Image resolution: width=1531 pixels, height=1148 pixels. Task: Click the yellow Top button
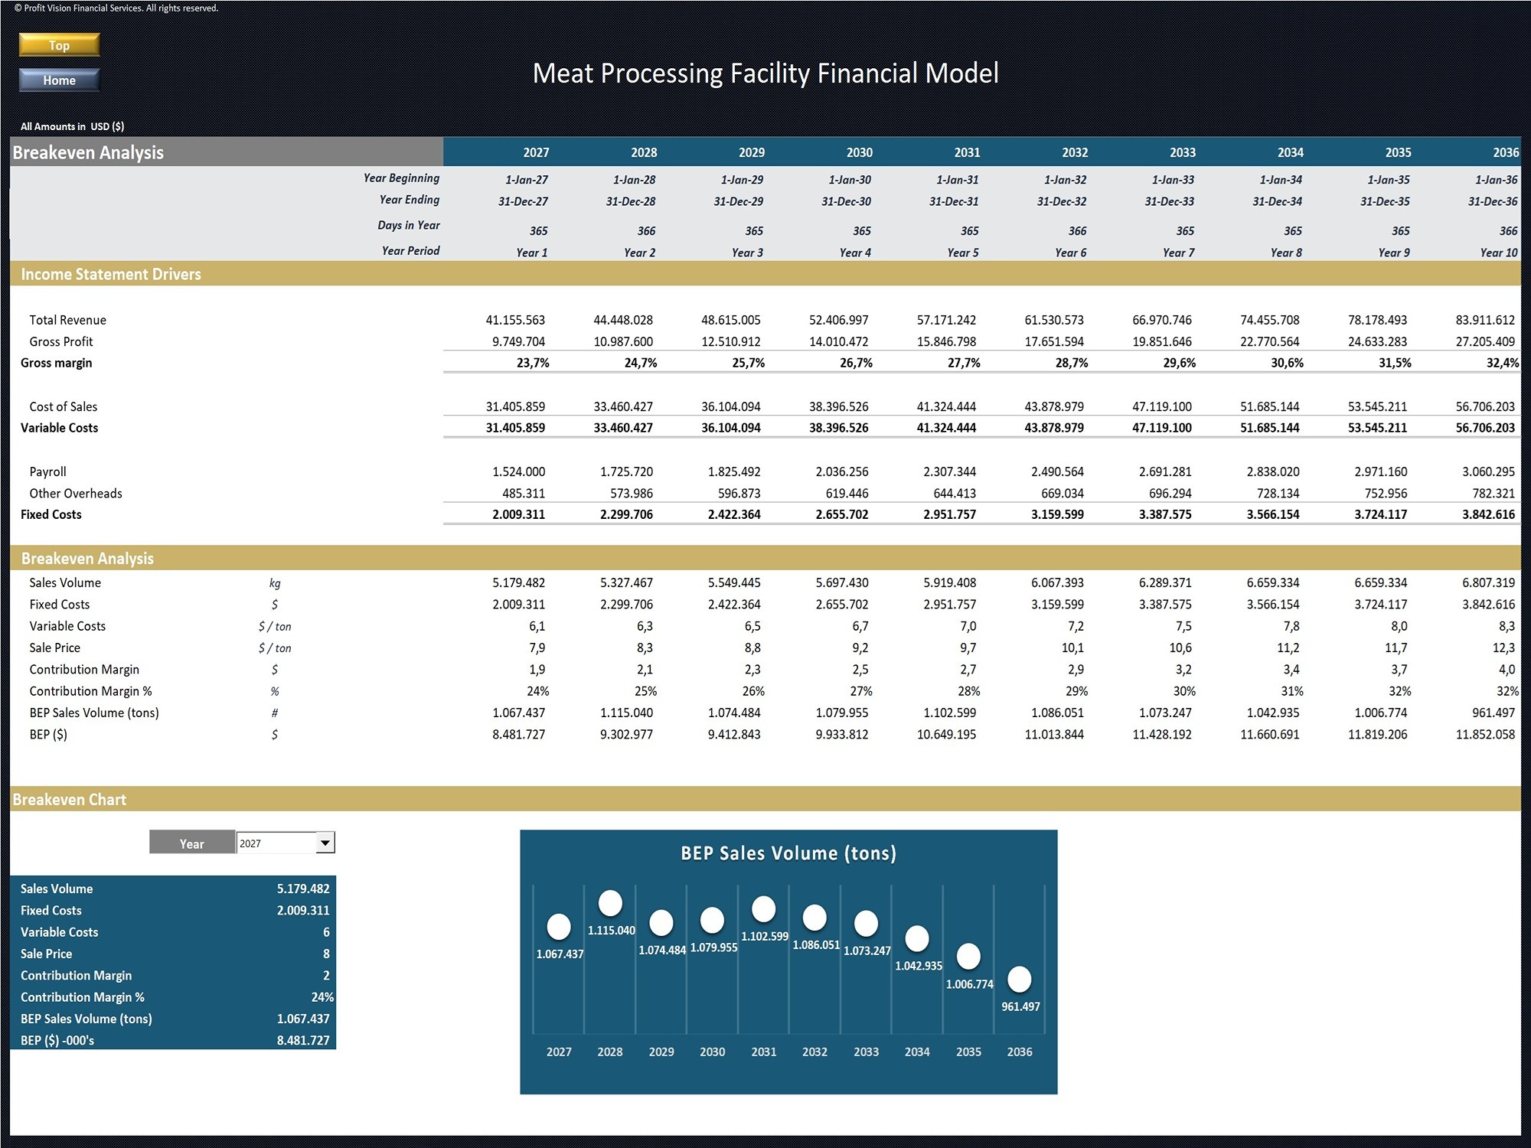(x=59, y=45)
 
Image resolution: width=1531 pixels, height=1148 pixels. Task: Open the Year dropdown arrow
(x=325, y=843)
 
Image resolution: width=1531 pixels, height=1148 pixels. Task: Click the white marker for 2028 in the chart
(x=610, y=903)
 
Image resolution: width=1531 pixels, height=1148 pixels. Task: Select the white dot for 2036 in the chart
(x=1020, y=979)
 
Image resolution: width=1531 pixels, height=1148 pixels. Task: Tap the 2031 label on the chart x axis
(x=764, y=1052)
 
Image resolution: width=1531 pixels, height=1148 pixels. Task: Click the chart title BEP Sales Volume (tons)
(x=788, y=853)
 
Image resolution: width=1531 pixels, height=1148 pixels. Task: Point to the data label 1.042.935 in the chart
(x=919, y=966)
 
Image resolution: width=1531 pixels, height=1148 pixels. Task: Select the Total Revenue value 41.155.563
(x=515, y=320)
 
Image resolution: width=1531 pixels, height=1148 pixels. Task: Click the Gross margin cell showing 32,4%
(x=1503, y=363)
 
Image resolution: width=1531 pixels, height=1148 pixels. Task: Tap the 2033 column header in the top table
(x=1183, y=152)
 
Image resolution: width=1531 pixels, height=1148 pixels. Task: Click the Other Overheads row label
(x=76, y=494)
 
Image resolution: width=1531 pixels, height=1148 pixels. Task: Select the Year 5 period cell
(x=963, y=253)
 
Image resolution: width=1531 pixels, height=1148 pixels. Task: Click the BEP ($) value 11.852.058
(x=1485, y=734)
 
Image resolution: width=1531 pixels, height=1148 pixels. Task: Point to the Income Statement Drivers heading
(x=111, y=274)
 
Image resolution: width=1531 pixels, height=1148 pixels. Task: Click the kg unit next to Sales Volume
(x=275, y=583)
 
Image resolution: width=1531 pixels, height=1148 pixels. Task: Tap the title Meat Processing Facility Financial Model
(x=765, y=73)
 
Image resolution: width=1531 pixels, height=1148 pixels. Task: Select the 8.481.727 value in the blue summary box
(x=303, y=1041)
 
